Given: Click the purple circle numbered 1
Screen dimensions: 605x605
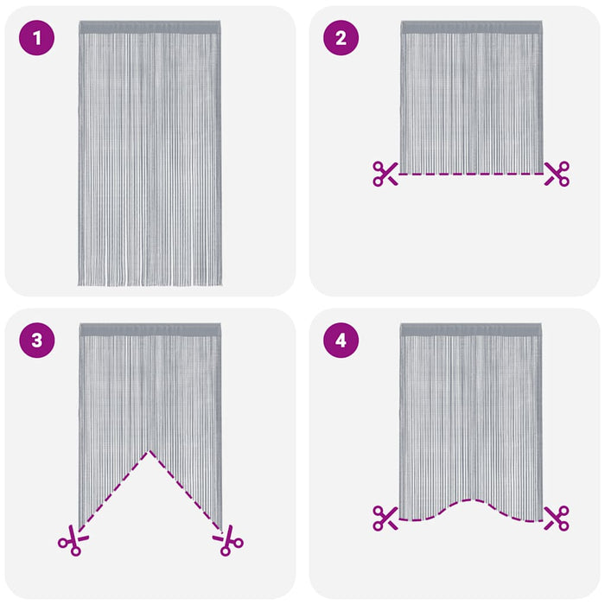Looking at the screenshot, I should tap(36, 38).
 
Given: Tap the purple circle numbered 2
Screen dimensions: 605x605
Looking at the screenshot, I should tap(341, 38).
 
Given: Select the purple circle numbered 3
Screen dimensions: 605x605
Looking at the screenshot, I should tap(36, 341).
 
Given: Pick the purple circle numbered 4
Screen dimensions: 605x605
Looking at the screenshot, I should tap(341, 341).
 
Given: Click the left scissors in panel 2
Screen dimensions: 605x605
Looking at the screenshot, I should tap(385, 174).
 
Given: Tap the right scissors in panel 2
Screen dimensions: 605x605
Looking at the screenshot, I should tap(557, 174).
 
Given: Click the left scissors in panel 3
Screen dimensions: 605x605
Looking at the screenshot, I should tap(72, 541).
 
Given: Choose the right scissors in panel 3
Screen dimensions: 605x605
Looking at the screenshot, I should tap(229, 541).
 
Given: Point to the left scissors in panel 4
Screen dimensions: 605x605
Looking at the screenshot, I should tap(385, 518).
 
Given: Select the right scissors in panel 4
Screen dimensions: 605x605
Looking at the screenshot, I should tap(557, 518).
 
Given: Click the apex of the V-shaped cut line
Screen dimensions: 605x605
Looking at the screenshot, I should tap(150, 450).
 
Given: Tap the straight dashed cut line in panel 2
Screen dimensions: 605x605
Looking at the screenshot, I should tap(471, 175).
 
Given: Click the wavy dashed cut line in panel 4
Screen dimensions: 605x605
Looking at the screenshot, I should tap(471, 501).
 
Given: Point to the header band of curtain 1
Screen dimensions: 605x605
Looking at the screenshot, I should tap(150, 28).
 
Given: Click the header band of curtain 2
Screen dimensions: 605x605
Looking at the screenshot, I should tap(471, 28).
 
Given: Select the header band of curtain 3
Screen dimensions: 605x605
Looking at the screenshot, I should tap(150, 330).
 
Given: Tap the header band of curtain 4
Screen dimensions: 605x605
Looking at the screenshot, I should tap(471, 330).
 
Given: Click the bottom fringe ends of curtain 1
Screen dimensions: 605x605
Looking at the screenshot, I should tap(150, 282).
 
